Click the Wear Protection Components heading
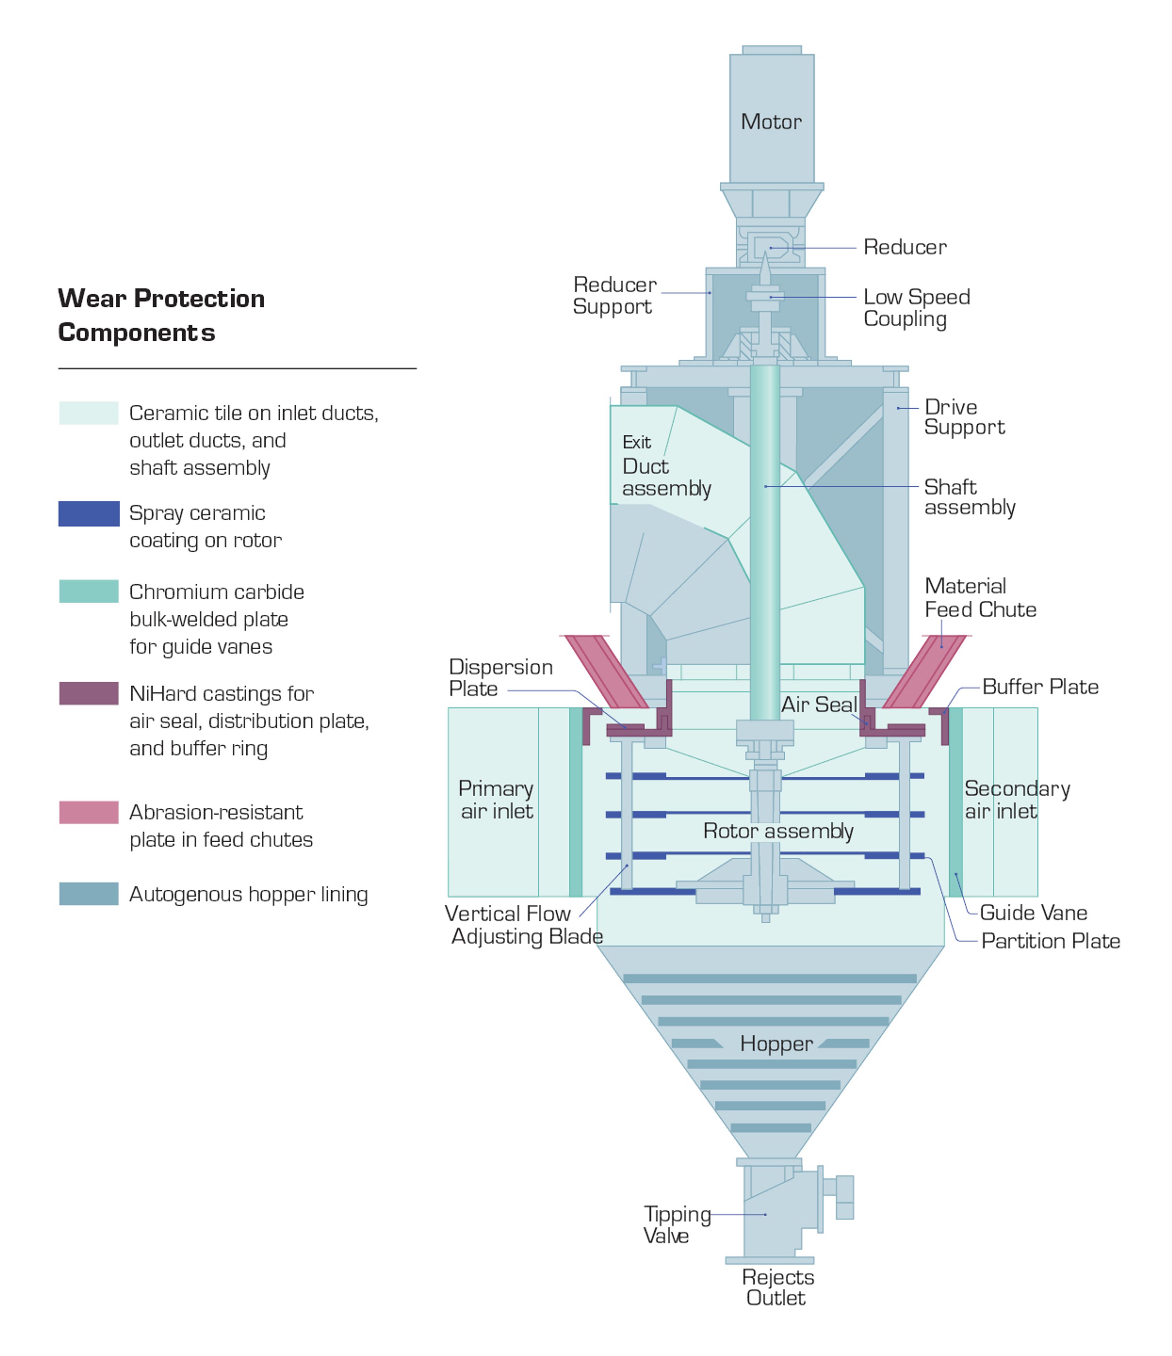[161, 315]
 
